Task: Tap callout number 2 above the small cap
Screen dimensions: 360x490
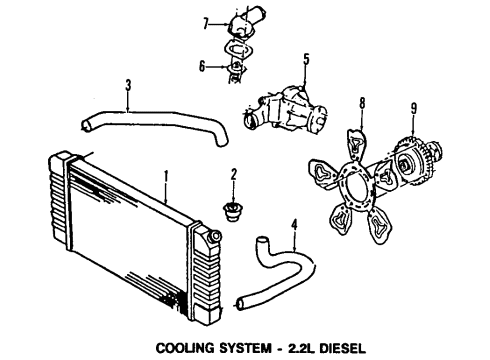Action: coord(232,175)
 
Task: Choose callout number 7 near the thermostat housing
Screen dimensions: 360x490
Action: coord(204,21)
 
